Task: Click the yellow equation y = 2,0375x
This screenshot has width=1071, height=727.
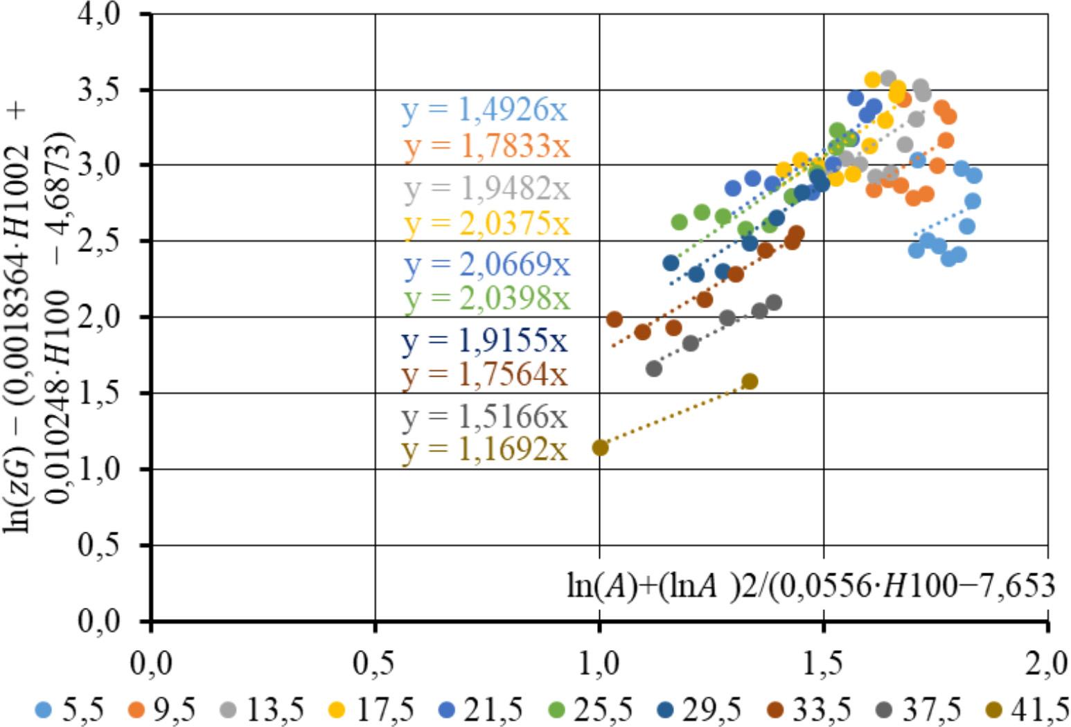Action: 487,224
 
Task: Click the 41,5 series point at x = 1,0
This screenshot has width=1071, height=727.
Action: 600,448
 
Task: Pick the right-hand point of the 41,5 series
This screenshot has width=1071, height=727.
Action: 750,382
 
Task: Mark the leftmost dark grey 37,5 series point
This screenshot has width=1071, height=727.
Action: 653,369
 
